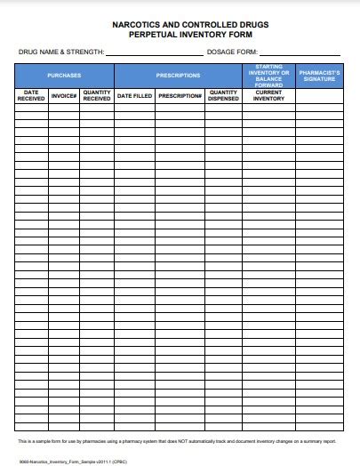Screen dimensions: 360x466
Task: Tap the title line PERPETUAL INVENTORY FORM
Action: coord(180,36)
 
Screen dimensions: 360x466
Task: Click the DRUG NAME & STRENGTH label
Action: coord(61,53)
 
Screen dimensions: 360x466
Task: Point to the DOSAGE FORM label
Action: coord(231,53)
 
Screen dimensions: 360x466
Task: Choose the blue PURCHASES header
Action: coord(65,76)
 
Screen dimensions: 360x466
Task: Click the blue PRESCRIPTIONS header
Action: coord(178,76)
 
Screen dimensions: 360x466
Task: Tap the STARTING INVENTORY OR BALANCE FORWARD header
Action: coord(268,76)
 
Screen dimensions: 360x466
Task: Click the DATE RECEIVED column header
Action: coord(31,96)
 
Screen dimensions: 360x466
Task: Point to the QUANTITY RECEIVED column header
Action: coord(97,96)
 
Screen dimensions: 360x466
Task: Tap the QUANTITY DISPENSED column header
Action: coord(223,96)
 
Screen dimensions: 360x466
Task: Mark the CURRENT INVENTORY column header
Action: coord(268,96)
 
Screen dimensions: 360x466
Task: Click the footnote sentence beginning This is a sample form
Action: coord(177,440)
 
